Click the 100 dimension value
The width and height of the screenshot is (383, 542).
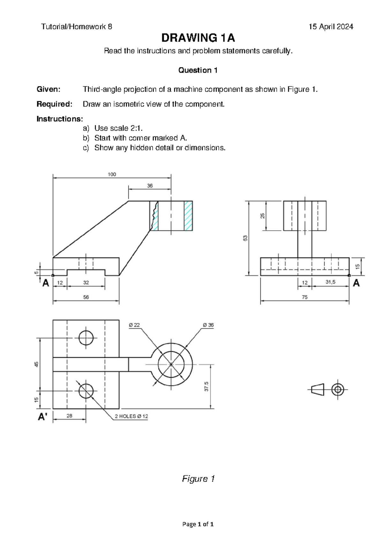112,174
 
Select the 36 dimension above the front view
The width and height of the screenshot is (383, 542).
150,186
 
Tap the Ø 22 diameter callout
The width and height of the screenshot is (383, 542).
134,325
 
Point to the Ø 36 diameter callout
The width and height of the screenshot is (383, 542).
208,325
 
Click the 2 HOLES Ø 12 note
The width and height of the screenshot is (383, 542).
131,416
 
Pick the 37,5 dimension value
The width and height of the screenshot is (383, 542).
207,386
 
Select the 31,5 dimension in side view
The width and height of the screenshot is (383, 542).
330,282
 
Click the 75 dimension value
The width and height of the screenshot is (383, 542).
305,297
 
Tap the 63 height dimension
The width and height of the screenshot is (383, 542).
245,238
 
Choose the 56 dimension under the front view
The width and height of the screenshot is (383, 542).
86,297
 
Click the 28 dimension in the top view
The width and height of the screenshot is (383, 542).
69,416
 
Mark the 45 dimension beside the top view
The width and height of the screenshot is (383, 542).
37,364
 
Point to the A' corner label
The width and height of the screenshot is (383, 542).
43,417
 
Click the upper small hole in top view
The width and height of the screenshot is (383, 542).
86,338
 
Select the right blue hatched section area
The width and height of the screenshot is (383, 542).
188,216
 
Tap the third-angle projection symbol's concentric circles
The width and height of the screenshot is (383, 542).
337,390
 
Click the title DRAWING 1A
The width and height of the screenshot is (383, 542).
198,38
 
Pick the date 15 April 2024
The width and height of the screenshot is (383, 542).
331,27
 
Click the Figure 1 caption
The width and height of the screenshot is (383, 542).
198,479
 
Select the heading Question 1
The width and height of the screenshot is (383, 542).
198,70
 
